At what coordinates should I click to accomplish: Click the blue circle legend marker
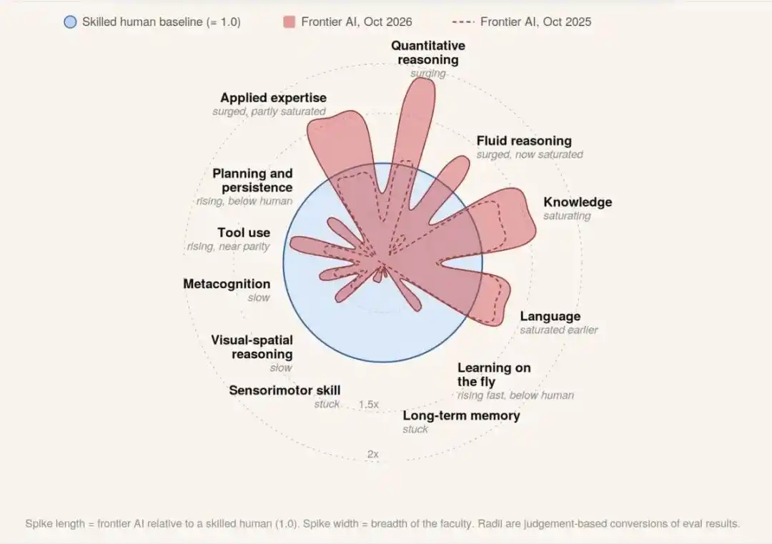pos(70,22)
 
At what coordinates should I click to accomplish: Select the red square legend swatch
pos(289,21)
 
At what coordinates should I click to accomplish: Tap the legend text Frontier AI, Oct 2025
pos(535,21)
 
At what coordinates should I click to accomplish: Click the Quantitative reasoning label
pos(428,53)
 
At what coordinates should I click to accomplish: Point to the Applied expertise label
pos(273,97)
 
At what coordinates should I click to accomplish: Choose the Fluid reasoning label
pos(524,141)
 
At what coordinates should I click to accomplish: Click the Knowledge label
pos(578,202)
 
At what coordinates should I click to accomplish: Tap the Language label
pos(550,316)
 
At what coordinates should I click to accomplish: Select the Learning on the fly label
pos(494,375)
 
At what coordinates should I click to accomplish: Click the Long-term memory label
pos(461,415)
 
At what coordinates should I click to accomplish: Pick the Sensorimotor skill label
pos(284,390)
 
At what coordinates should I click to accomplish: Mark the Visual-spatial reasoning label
pos(252,347)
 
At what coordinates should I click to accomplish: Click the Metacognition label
pos(227,284)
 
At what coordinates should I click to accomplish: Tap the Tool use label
pos(244,232)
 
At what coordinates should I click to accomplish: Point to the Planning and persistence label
pos(252,181)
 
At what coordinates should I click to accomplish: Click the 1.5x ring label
pos(368,405)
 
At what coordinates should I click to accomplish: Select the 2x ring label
pos(372,455)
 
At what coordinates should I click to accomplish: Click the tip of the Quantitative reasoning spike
pos(422,79)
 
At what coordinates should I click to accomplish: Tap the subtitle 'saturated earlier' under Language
pos(559,330)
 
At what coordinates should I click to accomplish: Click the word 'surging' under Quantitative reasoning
pos(428,74)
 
